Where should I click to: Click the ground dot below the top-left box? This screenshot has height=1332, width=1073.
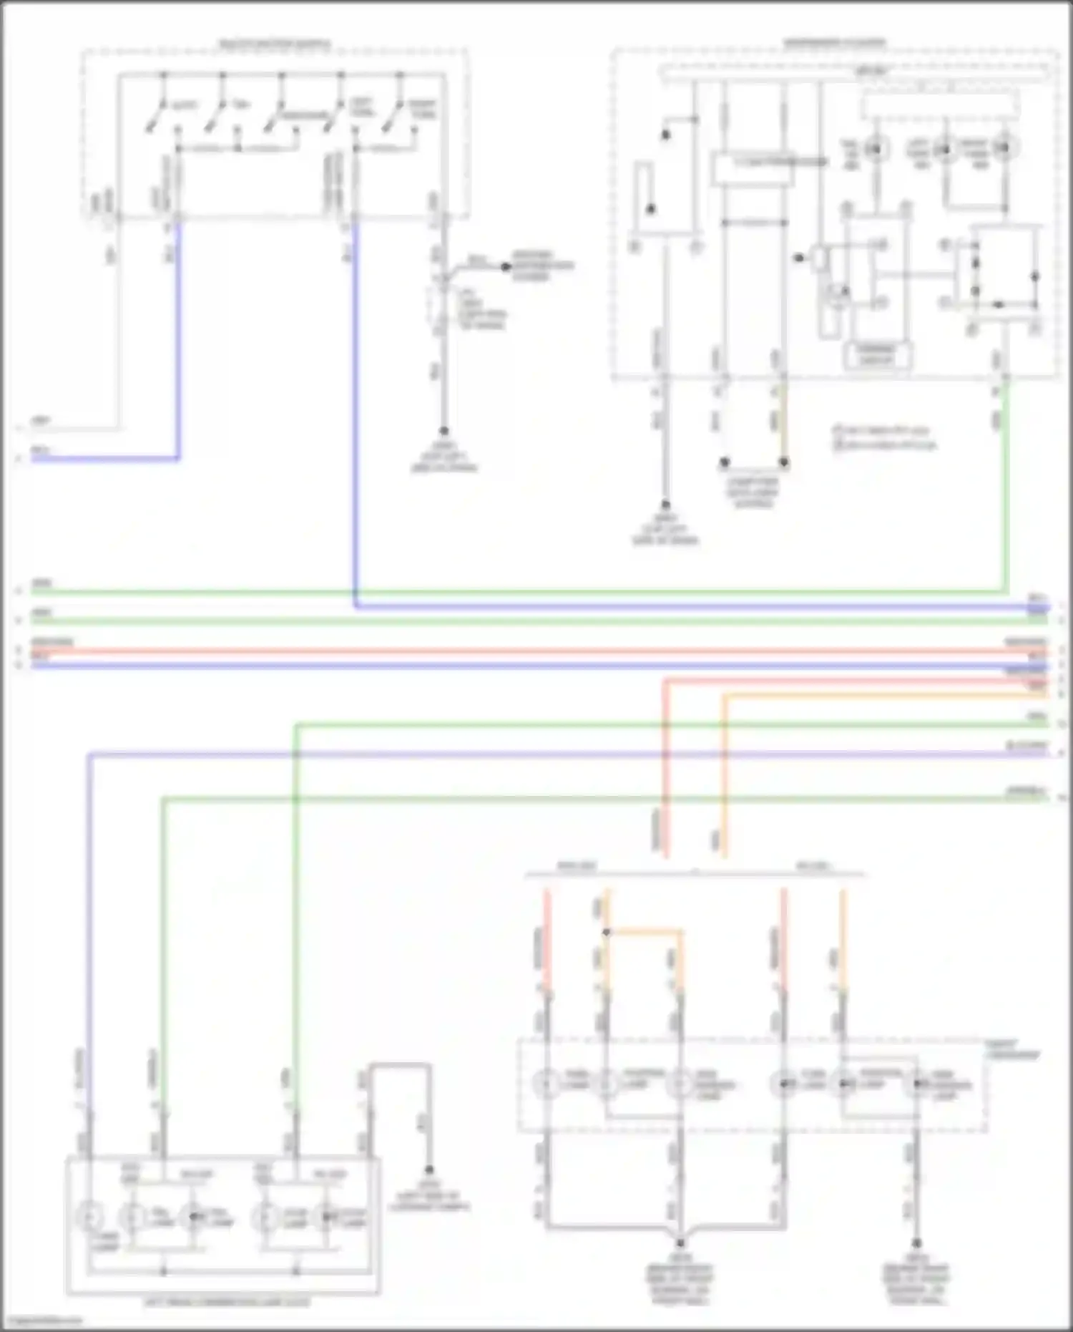(x=444, y=431)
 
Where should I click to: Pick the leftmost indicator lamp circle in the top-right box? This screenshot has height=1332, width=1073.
(x=875, y=149)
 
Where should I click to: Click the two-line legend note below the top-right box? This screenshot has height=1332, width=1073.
(x=886, y=437)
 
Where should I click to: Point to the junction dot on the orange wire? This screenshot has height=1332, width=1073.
(x=607, y=932)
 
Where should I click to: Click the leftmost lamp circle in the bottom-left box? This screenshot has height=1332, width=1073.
(x=90, y=1216)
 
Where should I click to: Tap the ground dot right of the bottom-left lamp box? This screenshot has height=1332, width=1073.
(x=429, y=1170)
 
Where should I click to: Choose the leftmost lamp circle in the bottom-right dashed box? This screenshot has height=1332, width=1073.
(x=547, y=1084)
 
